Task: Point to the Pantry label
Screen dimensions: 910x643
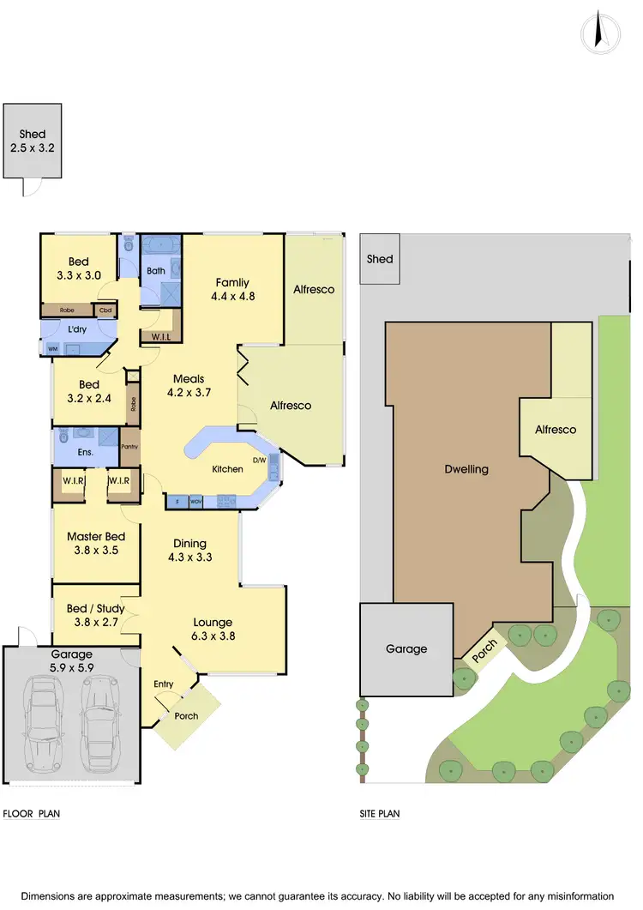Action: [129, 447]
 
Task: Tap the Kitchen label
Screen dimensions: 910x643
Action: [228, 469]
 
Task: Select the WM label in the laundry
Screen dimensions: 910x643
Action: [52, 349]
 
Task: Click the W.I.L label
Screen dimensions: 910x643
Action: [161, 337]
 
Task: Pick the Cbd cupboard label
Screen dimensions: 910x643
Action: [105, 310]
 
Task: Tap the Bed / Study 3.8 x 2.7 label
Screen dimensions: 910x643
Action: [95, 615]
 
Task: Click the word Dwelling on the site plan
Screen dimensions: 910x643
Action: [466, 469]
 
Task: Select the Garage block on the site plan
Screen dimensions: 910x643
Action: [406, 649]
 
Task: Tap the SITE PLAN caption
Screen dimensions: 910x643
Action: [380, 814]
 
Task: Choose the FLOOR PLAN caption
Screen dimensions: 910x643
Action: [32, 814]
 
